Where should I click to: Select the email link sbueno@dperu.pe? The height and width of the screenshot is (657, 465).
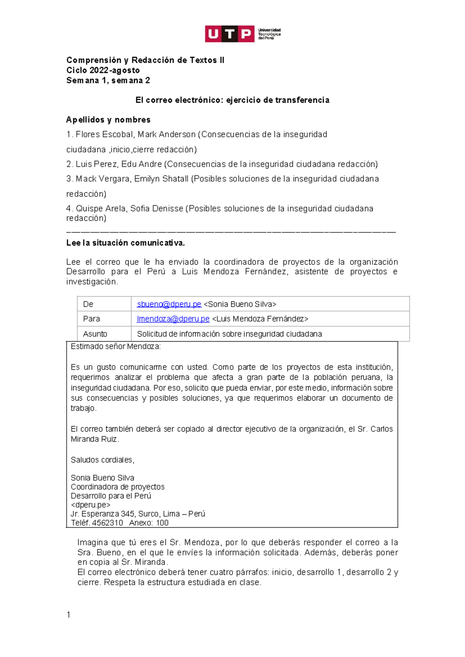(x=169, y=304)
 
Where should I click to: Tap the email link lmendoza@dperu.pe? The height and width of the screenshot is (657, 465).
(x=173, y=319)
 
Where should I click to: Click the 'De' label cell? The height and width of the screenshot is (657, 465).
(x=88, y=304)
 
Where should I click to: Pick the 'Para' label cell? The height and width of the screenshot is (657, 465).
(x=91, y=319)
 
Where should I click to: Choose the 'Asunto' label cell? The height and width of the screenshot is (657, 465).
(x=95, y=334)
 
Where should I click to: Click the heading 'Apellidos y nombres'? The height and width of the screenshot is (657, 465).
(x=108, y=120)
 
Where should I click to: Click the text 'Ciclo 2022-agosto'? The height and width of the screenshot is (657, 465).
(x=103, y=71)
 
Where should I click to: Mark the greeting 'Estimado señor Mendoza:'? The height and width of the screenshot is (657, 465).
(x=115, y=347)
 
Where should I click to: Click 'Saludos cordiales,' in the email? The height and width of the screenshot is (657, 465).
(x=102, y=460)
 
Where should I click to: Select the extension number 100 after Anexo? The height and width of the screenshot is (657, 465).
(x=162, y=523)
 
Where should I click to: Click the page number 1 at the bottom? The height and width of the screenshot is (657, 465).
(x=69, y=615)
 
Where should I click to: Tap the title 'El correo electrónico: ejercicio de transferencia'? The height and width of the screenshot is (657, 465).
(x=232, y=100)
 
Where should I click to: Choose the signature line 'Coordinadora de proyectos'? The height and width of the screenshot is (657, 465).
(x=117, y=487)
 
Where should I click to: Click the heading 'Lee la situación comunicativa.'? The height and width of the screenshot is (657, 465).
(x=126, y=243)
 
